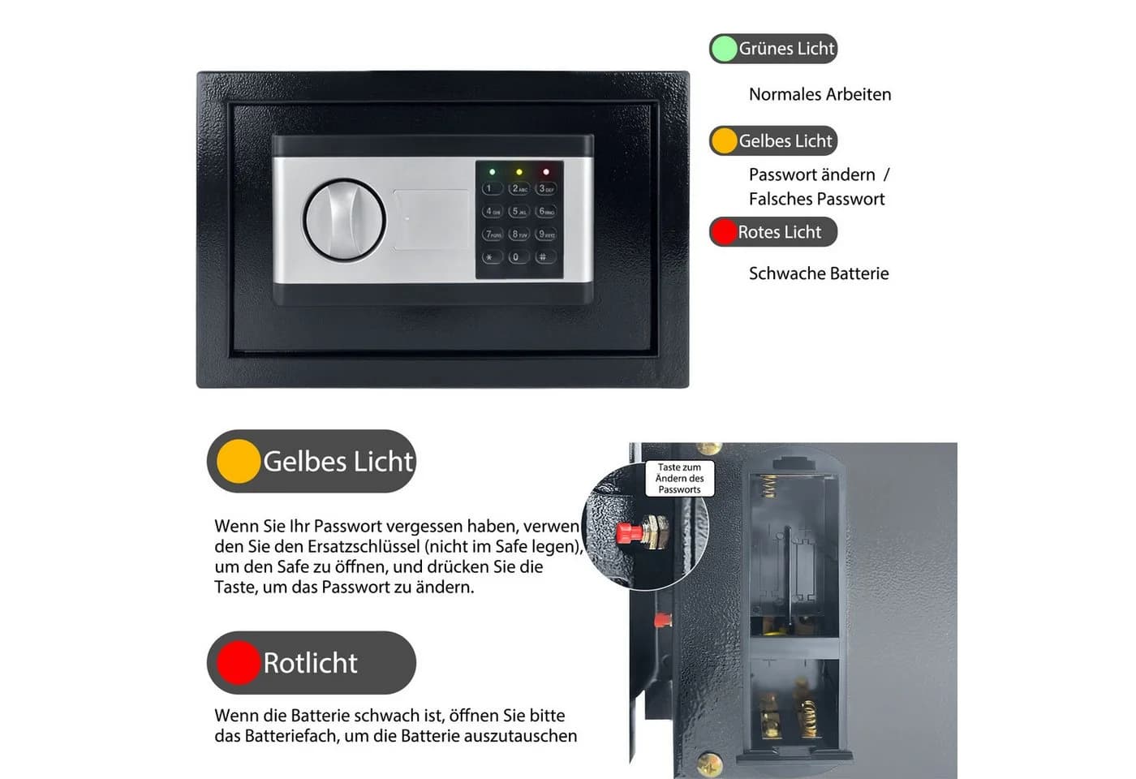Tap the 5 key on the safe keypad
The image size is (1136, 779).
[x=519, y=212]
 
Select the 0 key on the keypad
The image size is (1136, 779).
[x=519, y=257]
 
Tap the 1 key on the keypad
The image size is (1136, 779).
[x=492, y=188]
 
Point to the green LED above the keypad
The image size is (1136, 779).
[x=492, y=172]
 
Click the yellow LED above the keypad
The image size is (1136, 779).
[x=519, y=172]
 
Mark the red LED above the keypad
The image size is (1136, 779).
[x=546, y=172]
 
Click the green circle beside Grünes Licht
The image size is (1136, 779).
[x=724, y=49]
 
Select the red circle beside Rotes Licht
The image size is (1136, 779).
[x=724, y=232]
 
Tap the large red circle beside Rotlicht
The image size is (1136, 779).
[x=239, y=662]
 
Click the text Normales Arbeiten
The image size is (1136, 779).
[x=820, y=94]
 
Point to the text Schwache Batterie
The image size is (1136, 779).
[x=819, y=273]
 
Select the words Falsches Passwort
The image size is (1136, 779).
[x=816, y=199]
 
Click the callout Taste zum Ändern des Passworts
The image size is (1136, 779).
[x=680, y=478]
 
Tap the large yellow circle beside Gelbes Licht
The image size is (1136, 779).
[x=239, y=461]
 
